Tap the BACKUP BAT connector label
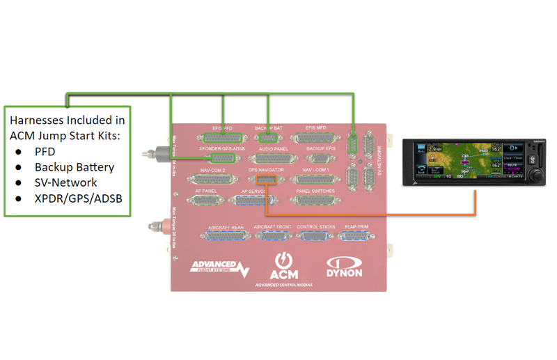[x=268, y=128]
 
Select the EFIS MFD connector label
[x=317, y=128]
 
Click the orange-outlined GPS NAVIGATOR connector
[x=266, y=180]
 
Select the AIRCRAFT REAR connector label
[x=225, y=227]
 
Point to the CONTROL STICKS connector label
[x=316, y=227]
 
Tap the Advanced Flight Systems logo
[x=219, y=267]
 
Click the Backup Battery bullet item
[x=74, y=167]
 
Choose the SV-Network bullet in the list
[x=66, y=183]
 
